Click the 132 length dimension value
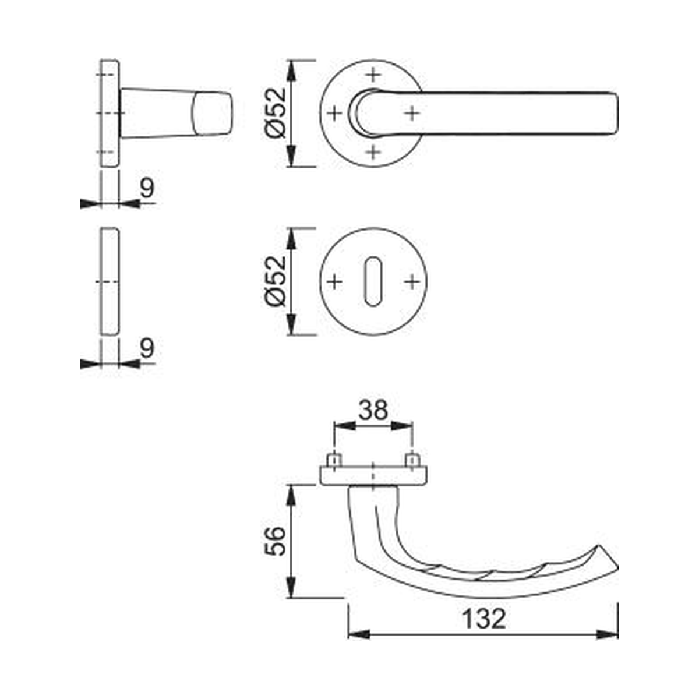(483, 619)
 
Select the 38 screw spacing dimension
(373, 411)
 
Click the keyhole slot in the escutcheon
(373, 281)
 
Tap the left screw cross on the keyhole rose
(334, 281)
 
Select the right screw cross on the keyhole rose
(412, 281)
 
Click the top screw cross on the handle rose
(373, 75)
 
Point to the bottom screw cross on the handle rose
(373, 152)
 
